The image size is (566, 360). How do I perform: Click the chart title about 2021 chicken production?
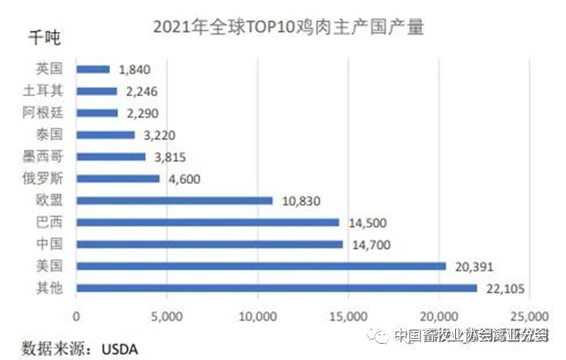coord(289,27)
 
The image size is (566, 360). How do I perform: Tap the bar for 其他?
coord(276,288)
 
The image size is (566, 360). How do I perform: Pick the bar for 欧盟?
coord(174,200)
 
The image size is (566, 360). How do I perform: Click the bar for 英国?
coord(92,69)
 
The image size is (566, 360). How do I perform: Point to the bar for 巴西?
coord(208,223)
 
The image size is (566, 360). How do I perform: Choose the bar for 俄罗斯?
coord(117,179)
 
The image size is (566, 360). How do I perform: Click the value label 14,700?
coord(369,245)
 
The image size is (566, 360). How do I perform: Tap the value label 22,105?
coord(504,288)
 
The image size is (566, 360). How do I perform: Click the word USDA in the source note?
coord(120,346)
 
